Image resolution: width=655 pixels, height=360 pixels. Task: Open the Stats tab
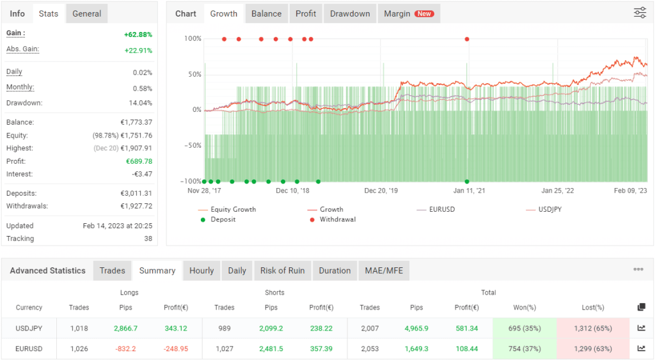pyautogui.click(x=49, y=13)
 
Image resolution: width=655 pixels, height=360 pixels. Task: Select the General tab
pyautogui.click(x=87, y=13)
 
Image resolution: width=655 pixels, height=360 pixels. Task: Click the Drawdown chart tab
pyautogui.click(x=350, y=13)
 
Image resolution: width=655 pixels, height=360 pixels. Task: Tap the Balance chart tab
pyautogui.click(x=266, y=13)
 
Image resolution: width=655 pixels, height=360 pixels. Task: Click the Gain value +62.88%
pyautogui.click(x=138, y=34)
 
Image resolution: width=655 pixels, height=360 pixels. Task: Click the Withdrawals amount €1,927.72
pyautogui.click(x=136, y=206)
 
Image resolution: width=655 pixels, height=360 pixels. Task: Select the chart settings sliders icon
pyautogui.click(x=640, y=13)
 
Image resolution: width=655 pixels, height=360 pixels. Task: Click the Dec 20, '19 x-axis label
pyautogui.click(x=381, y=191)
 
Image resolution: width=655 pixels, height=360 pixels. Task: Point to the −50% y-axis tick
pyautogui.click(x=193, y=146)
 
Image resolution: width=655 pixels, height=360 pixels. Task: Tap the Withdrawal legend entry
pyautogui.click(x=337, y=219)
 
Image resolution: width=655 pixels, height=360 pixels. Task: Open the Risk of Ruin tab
pyautogui.click(x=282, y=270)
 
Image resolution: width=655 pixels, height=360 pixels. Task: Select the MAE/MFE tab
pyautogui.click(x=383, y=270)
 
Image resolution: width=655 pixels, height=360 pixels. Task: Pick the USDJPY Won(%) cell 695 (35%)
pyautogui.click(x=525, y=329)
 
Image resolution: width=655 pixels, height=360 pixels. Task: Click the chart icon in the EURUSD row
pyautogui.click(x=641, y=348)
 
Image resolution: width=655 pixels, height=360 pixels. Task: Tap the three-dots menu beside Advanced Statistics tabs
pyautogui.click(x=638, y=270)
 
